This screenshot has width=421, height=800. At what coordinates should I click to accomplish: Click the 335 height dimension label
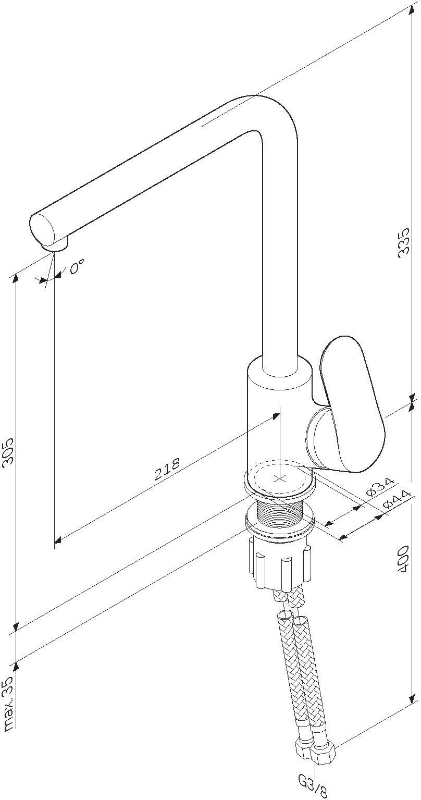(x=403, y=242)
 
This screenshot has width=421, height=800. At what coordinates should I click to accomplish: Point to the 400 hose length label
(x=402, y=560)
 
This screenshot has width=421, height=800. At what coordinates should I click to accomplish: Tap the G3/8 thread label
(x=313, y=785)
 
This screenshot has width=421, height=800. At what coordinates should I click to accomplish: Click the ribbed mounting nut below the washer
(x=280, y=565)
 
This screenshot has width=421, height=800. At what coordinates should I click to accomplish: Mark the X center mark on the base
(x=280, y=477)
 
